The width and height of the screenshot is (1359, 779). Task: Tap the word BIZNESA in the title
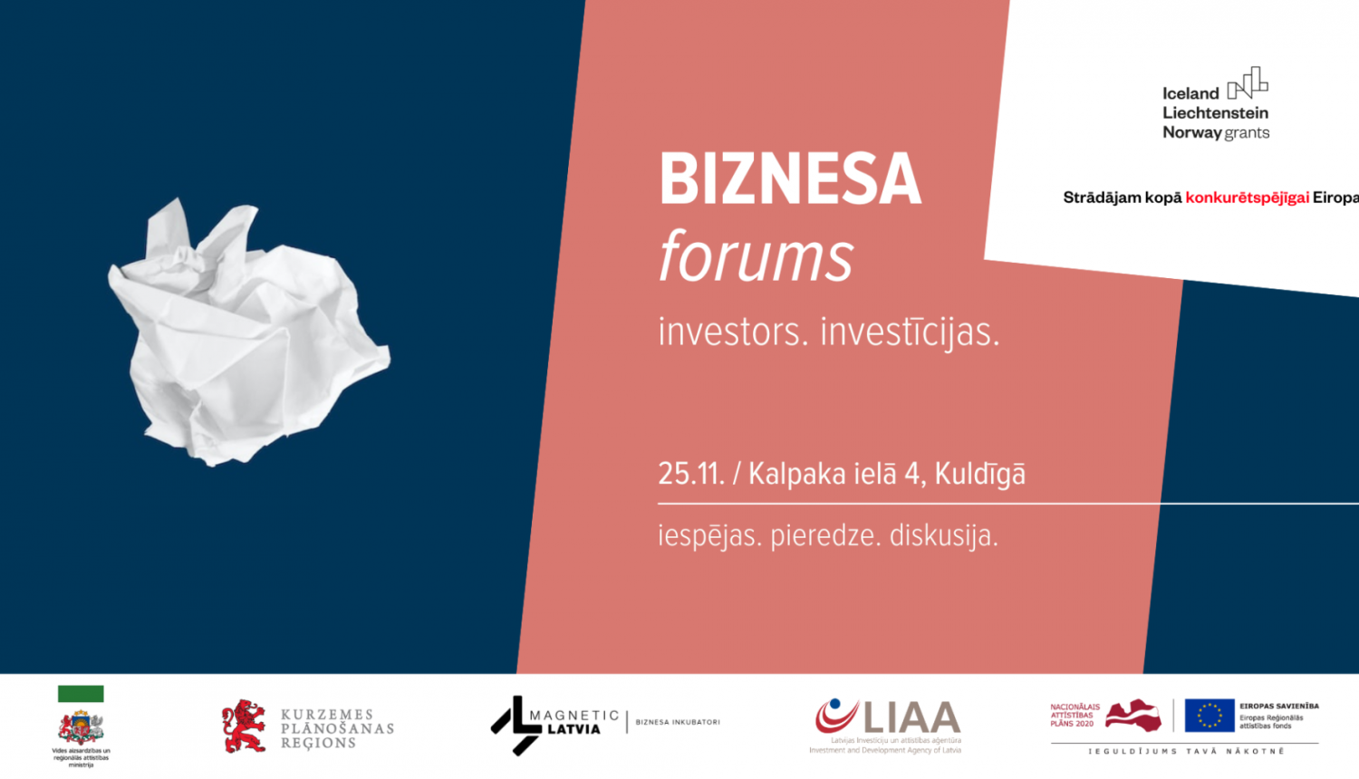[x=790, y=179]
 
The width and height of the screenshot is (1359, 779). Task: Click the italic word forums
[x=756, y=256]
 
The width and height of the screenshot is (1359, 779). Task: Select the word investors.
[x=732, y=332]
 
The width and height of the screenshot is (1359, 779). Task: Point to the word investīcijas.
[x=910, y=332]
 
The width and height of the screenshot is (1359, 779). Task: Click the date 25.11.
[x=690, y=474]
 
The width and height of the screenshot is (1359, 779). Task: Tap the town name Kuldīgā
[x=979, y=474]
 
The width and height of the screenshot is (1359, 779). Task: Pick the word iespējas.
[x=708, y=536]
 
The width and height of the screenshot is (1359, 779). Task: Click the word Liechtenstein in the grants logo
[x=1215, y=113]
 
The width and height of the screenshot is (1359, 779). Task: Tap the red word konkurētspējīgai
[x=1247, y=197]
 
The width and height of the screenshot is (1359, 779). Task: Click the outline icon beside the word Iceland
[x=1248, y=83]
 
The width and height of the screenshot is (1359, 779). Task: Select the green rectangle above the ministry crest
[x=81, y=694]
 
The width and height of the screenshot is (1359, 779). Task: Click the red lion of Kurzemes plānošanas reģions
[x=244, y=726]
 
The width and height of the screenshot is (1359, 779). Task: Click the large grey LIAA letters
[x=911, y=718]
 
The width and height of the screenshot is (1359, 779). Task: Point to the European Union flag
[x=1210, y=715]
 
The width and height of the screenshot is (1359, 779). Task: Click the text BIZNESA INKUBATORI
[x=678, y=722]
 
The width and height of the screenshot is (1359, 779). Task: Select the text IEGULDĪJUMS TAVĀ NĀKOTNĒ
[x=1186, y=751]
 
